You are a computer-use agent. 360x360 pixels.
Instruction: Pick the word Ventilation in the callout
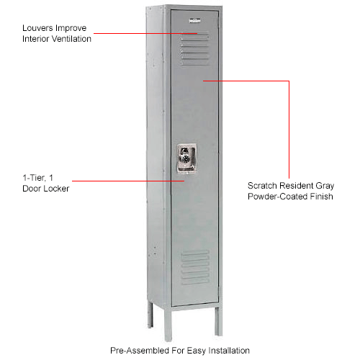pyautogui.click(x=70, y=39)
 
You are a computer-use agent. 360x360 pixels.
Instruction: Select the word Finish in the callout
pyautogui.click(x=318, y=196)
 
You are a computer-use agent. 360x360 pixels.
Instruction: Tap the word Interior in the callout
pyautogui.click(x=32, y=39)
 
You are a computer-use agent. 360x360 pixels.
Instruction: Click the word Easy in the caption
pyautogui.click(x=192, y=351)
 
